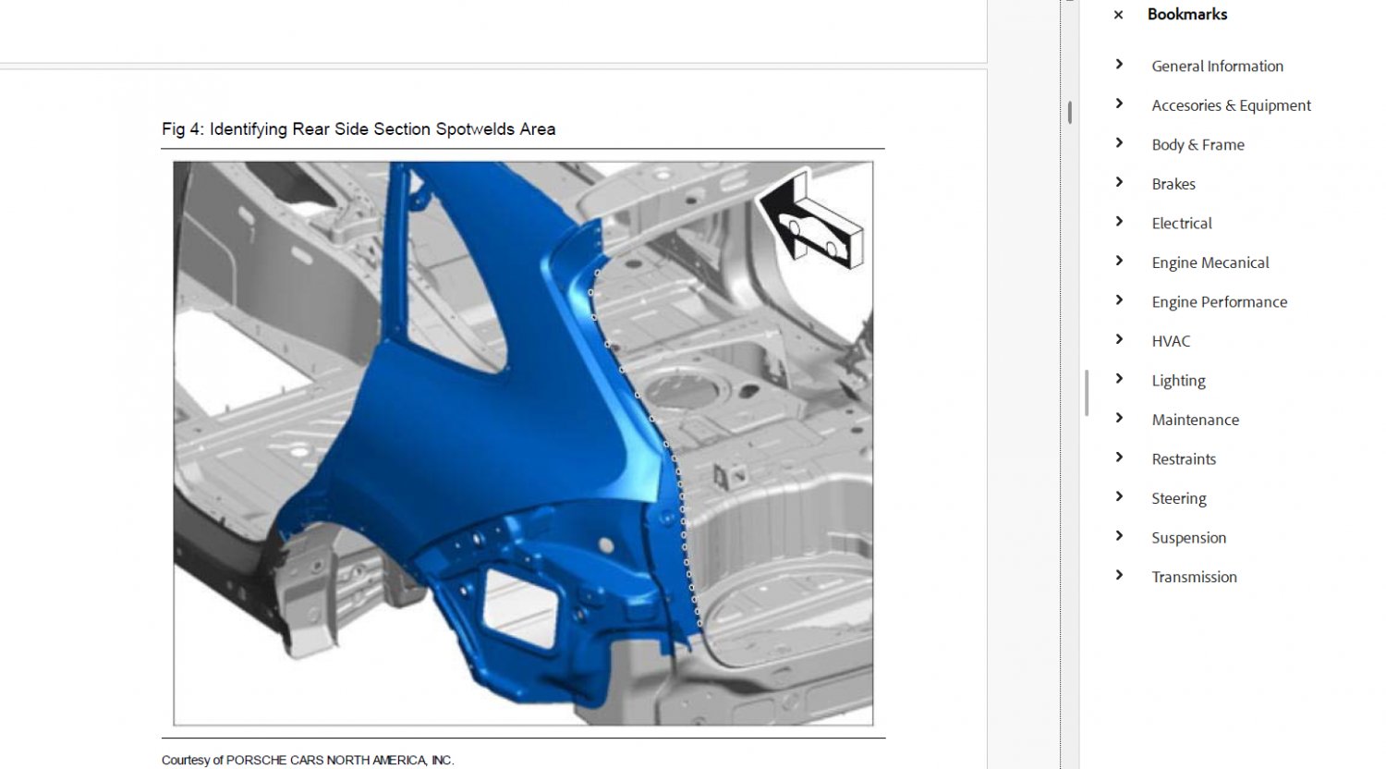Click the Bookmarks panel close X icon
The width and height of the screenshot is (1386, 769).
pos(1118,15)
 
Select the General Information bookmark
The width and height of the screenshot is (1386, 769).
pos(1217,67)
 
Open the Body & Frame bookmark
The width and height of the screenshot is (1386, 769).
pos(1198,145)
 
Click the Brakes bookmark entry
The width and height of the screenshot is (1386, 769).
pos(1173,184)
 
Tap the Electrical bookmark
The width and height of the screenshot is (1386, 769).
pos(1181,224)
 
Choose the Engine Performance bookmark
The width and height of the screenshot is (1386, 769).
pos(1219,302)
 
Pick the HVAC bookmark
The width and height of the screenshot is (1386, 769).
pos(1171,341)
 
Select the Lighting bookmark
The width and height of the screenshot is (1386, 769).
pos(1178,381)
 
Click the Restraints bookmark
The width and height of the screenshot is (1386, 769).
pos(1184,459)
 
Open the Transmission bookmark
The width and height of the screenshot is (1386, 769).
pos(1194,577)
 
